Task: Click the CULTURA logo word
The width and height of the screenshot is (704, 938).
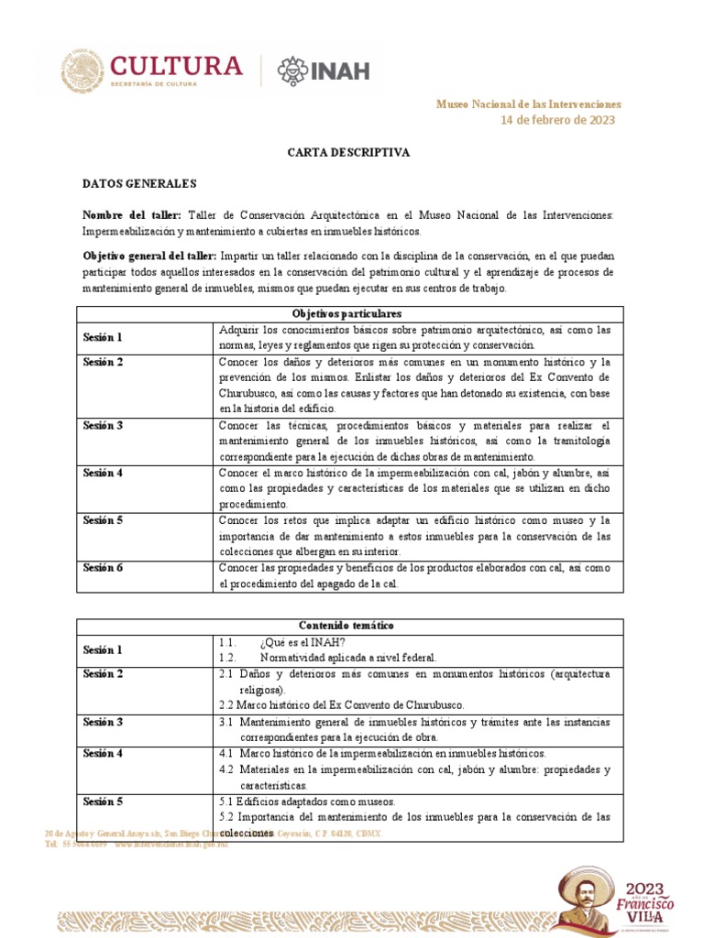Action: point(177,66)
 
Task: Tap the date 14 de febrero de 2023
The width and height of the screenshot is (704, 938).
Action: point(557,120)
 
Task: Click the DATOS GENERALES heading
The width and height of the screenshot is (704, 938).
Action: point(139,184)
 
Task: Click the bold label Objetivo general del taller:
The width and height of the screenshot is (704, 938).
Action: point(149,256)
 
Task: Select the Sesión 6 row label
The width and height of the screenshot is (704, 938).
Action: point(103,568)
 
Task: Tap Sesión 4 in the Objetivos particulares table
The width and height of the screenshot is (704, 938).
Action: point(103,473)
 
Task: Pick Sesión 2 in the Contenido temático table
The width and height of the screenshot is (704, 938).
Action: point(103,674)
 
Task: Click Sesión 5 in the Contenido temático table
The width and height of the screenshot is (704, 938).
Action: point(103,802)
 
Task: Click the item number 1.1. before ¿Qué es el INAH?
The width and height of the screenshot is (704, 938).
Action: point(228,641)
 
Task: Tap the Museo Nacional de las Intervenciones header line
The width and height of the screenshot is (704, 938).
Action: point(528,104)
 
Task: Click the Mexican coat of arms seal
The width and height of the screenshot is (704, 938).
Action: point(82,71)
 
